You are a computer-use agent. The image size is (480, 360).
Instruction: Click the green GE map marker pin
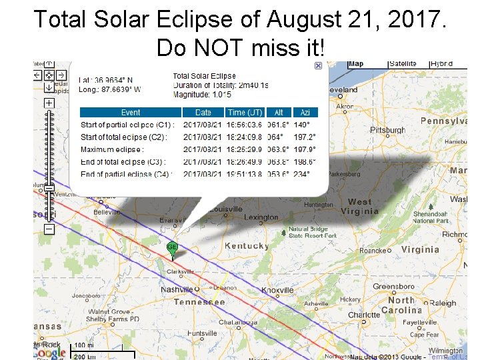[x=172, y=248]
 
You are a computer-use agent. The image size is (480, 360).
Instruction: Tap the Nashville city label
[x=177, y=290]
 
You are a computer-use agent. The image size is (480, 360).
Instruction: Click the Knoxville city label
[x=277, y=291]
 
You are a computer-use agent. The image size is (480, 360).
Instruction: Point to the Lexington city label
[x=261, y=217]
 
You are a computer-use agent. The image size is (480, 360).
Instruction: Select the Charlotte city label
[x=364, y=315]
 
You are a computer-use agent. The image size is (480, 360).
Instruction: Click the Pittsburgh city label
[x=387, y=130]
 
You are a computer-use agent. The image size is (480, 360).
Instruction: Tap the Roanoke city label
[x=373, y=251]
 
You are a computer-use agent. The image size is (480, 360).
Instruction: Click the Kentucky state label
[x=247, y=246]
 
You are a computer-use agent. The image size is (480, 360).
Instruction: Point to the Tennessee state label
[x=199, y=302]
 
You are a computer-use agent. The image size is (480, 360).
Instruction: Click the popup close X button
[x=318, y=65]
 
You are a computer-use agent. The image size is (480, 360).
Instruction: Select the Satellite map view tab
[x=402, y=64]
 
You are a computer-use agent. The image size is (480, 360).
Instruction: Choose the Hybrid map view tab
[x=441, y=64]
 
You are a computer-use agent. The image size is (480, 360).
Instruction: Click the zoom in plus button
[x=49, y=103]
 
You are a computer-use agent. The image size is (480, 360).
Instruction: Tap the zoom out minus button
[x=49, y=229]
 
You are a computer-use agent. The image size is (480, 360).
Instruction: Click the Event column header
[x=131, y=113]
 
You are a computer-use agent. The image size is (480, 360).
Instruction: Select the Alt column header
[x=278, y=113]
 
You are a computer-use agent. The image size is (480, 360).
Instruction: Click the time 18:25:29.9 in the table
[x=245, y=149]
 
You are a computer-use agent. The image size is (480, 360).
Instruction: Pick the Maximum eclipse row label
[x=111, y=149]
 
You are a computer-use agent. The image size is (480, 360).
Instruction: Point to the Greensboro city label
[x=393, y=287]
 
